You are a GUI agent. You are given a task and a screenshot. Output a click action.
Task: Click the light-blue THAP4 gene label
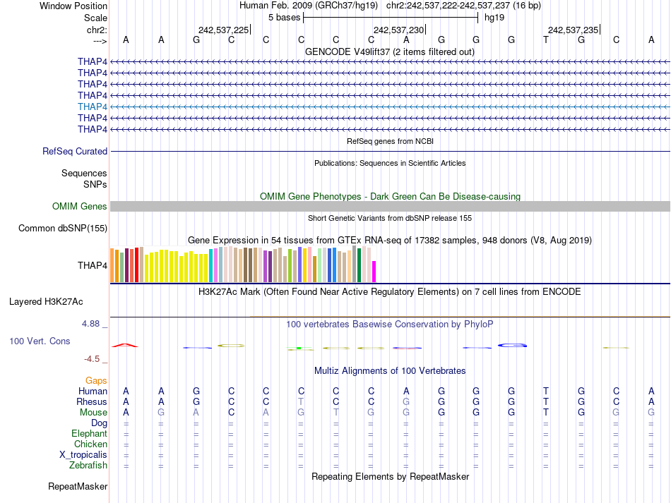coord(93,107)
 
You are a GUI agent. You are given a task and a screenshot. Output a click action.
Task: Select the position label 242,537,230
coord(398,30)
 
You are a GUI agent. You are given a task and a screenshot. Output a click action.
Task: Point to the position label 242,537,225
coord(223,30)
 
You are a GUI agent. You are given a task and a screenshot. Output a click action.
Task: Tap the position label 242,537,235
coord(573,30)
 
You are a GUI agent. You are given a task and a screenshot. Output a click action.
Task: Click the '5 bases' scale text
coord(284,17)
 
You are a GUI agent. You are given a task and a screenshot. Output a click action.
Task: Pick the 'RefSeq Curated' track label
coord(75,151)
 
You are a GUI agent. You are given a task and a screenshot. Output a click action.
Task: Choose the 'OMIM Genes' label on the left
coord(80,207)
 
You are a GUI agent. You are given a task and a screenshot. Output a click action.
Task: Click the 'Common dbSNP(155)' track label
coord(63,228)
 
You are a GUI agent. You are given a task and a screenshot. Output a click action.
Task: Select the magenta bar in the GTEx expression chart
coord(374,272)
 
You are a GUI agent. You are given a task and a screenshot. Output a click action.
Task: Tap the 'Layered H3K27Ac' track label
coord(46,301)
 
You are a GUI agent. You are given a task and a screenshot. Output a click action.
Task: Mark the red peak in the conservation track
coord(126,345)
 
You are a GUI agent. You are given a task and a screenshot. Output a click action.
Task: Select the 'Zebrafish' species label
coord(88,466)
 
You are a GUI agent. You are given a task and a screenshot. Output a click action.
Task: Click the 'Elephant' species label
coord(89,434)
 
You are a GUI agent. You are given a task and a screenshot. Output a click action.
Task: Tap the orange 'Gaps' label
coord(96,380)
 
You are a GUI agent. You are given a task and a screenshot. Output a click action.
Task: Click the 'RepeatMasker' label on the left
coord(78,487)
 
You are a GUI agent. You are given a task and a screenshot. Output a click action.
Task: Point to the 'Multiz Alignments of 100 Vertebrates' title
coord(390,370)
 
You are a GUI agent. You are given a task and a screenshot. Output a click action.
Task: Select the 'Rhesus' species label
coord(92,402)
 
